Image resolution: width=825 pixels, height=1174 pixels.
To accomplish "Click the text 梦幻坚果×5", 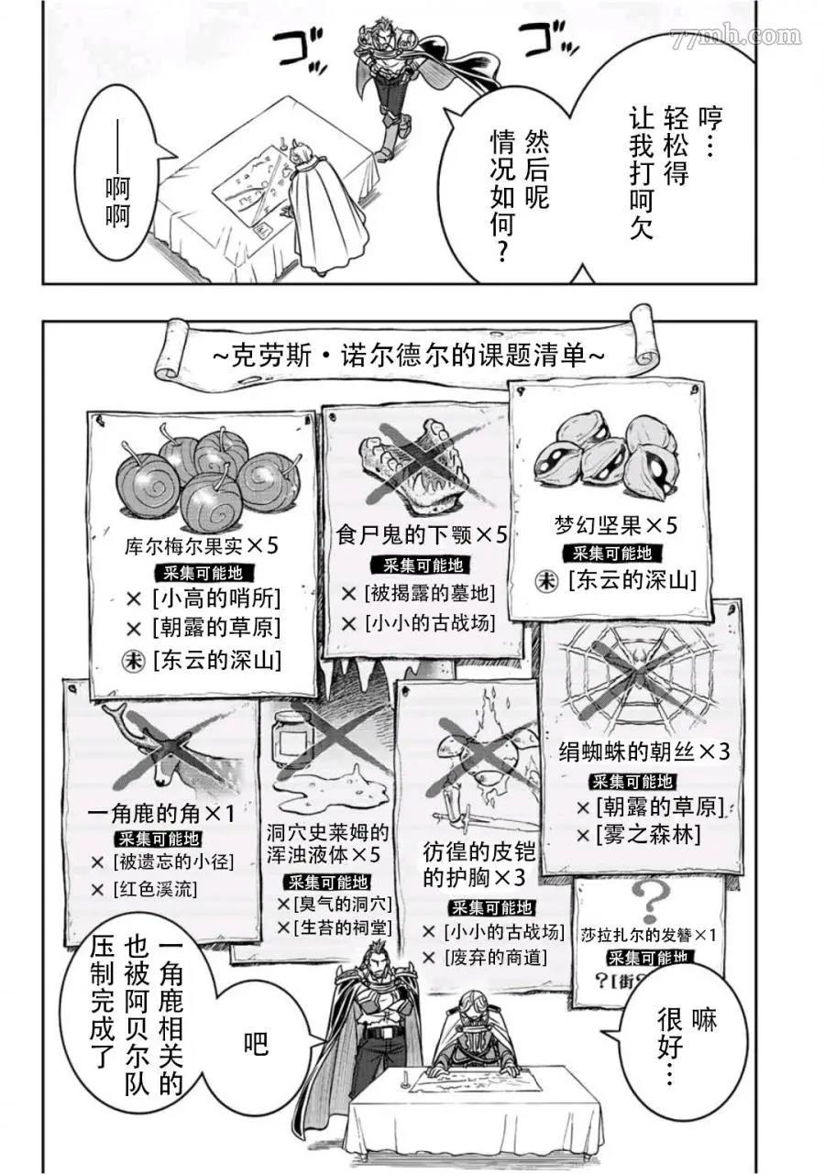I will pyautogui.click(x=615, y=525).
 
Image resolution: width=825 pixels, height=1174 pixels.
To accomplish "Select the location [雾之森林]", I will pyautogui.click(x=648, y=834).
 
